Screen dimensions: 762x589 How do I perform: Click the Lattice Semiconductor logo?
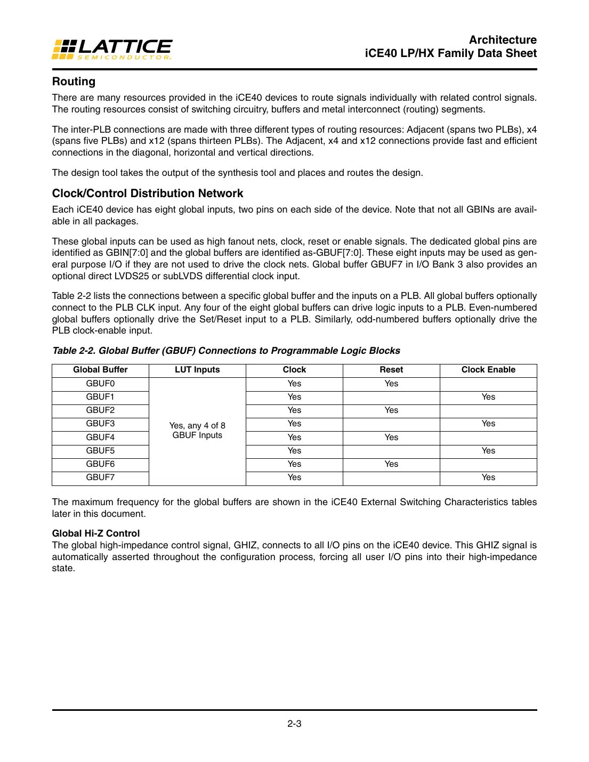click(x=112, y=49)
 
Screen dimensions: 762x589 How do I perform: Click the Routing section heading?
click(x=74, y=82)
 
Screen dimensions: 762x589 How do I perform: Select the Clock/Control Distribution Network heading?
click(x=147, y=193)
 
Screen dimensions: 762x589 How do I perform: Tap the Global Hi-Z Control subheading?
click(x=95, y=533)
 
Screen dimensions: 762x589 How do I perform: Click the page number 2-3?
click(x=294, y=724)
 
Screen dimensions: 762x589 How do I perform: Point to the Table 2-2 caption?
click(x=226, y=351)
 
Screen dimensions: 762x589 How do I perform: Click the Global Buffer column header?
click(x=100, y=370)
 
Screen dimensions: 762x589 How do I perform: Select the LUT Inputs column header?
click(x=197, y=370)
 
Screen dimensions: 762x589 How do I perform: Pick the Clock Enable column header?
click(x=488, y=370)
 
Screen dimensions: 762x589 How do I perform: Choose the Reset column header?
click(x=391, y=370)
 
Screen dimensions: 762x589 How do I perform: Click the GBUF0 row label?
click(x=100, y=384)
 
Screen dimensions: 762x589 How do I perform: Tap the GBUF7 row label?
click(x=100, y=477)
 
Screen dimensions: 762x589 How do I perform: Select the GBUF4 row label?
click(x=100, y=437)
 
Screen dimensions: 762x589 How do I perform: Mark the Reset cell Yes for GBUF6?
click(x=391, y=464)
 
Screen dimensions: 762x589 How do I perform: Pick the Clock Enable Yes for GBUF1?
click(x=488, y=397)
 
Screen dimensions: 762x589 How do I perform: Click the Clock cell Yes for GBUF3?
click(x=294, y=424)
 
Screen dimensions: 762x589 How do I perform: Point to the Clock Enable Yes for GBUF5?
click(x=488, y=451)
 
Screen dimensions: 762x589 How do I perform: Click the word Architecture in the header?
click(x=503, y=40)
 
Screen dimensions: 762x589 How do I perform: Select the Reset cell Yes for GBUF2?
click(x=391, y=410)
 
